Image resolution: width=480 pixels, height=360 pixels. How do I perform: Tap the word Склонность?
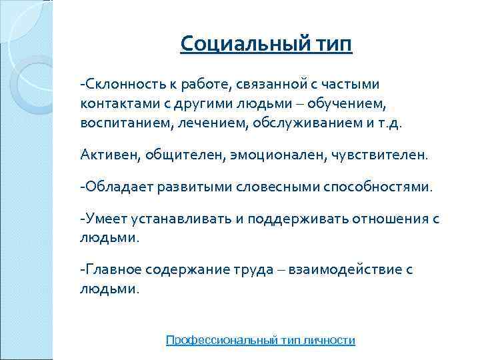click(x=120, y=85)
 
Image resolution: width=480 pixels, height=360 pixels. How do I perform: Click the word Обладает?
click(x=119, y=187)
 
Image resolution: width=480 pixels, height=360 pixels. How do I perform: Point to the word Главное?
click(x=114, y=270)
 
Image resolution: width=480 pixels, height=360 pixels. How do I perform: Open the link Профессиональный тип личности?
click(x=261, y=340)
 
